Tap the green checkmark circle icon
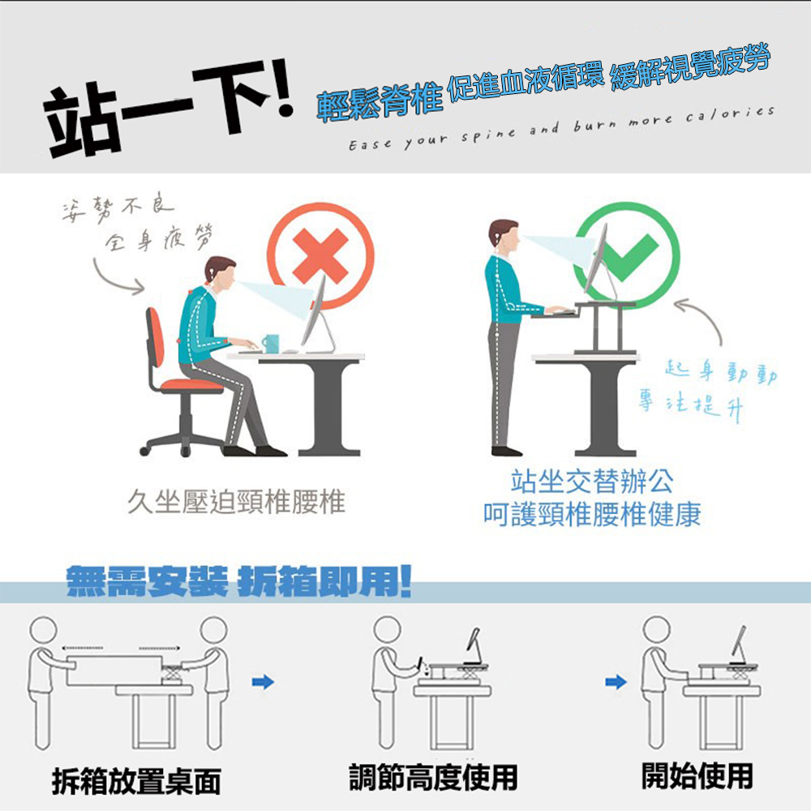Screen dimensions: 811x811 tap(627, 253)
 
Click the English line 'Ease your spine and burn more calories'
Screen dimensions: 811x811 tap(560, 128)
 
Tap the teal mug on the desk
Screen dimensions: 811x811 tap(270, 344)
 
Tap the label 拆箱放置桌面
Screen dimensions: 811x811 tap(136, 780)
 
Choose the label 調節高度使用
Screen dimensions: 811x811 tap(433, 777)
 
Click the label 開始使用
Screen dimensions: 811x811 tap(697, 775)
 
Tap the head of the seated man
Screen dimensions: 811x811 tap(220, 272)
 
